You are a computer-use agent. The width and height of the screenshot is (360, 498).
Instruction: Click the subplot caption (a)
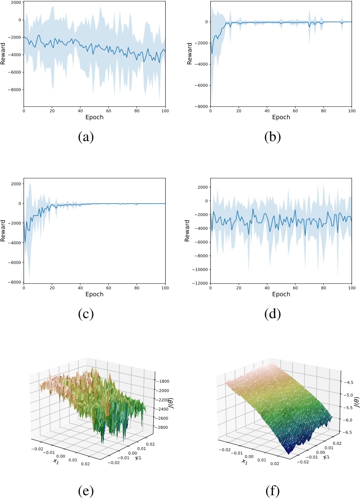[86, 137]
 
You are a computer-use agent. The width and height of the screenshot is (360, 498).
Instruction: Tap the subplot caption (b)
[273, 137]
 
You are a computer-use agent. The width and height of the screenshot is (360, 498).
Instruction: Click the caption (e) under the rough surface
[86, 491]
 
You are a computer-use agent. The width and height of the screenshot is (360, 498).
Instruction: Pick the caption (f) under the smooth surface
[273, 491]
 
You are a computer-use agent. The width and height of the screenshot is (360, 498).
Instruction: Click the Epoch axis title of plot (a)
[94, 117]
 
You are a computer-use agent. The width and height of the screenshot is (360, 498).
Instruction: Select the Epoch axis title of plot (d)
[281, 294]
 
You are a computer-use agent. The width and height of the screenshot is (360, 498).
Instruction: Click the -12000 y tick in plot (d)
[199, 283]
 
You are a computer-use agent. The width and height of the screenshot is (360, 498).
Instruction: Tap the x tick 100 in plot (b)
[351, 110]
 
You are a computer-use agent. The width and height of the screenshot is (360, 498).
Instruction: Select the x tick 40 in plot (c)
[80, 287]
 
